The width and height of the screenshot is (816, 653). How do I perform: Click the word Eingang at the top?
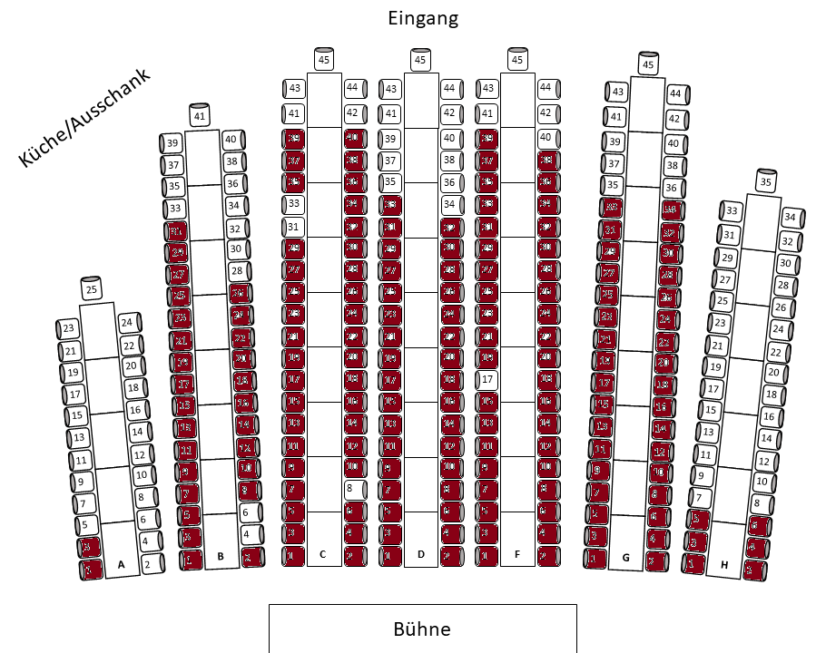pos(422,18)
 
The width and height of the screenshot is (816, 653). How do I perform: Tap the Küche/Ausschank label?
pos(84,118)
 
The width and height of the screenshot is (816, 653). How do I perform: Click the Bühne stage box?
pos(422,629)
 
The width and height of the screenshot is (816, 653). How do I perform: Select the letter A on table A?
pos(121,564)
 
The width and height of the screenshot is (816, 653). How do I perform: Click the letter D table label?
pos(420,553)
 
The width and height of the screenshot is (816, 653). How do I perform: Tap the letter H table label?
pos(724,566)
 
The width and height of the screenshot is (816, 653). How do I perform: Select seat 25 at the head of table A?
pos(91,290)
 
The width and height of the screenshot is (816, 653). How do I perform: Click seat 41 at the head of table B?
pos(201,116)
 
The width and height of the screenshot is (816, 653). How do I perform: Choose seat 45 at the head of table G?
pos(648,64)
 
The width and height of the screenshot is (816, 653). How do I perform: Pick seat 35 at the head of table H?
pos(765,182)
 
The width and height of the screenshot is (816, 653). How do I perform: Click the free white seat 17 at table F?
pos(487,378)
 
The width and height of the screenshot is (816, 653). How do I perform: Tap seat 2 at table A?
pos(147,564)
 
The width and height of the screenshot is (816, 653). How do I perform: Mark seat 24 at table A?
pos(127,322)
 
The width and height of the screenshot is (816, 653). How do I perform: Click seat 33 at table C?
pos(293,204)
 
